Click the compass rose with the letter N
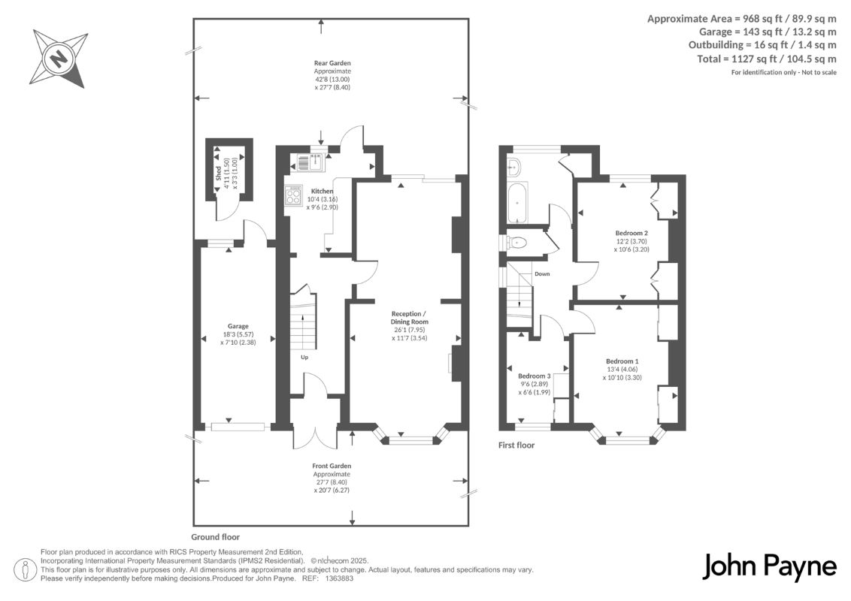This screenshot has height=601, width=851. (59, 58)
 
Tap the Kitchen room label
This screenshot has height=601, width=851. (322, 191)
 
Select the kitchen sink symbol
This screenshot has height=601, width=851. (307, 161)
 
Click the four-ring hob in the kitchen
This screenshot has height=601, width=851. (293, 195)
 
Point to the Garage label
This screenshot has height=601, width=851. (238, 326)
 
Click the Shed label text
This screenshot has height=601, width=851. (218, 174)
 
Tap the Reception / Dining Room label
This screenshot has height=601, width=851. (409, 317)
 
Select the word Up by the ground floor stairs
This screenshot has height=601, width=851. (304, 357)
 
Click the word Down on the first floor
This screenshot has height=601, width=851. (542, 274)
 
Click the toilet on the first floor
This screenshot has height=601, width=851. (516, 242)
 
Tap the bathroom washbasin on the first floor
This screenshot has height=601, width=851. (513, 168)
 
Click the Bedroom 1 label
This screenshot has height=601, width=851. (622, 361)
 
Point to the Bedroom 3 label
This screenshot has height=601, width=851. (534, 376)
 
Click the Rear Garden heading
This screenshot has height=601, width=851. (332, 63)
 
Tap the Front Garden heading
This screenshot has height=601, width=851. (332, 466)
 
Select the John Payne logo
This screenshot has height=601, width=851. (770, 567)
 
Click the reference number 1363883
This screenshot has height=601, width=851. (339, 578)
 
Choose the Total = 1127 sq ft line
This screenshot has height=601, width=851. (767, 59)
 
